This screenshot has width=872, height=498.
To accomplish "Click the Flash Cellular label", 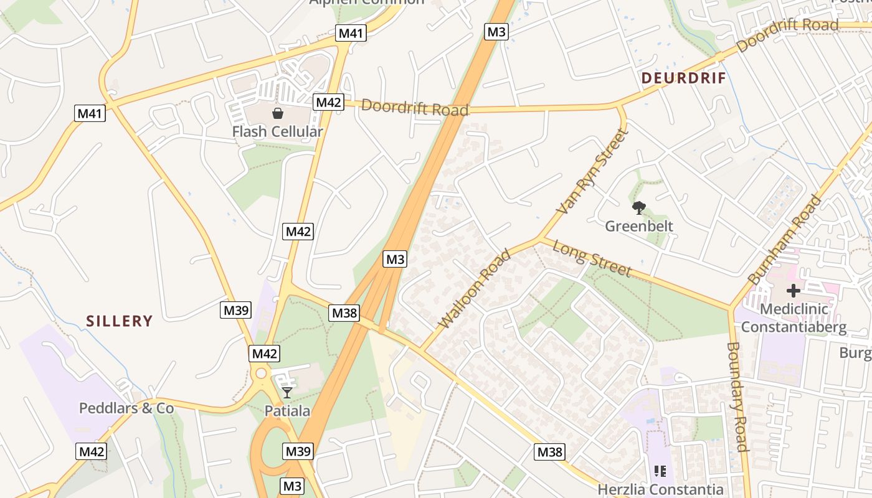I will (277, 131).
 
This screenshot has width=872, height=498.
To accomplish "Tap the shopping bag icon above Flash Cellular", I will (277, 113).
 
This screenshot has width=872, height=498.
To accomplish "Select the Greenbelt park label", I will (639, 225).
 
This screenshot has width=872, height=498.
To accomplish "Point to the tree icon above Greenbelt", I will (638, 207).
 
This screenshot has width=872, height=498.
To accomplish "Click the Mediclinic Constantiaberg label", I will (794, 317).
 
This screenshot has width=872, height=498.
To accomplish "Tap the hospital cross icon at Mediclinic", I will (794, 290).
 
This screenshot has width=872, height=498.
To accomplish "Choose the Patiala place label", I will (287, 411).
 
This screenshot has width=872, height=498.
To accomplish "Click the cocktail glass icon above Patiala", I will (287, 393).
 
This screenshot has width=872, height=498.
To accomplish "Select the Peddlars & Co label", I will (126, 408).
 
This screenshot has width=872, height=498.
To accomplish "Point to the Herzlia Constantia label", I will (660, 489).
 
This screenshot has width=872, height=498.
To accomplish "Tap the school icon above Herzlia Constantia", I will (660, 471).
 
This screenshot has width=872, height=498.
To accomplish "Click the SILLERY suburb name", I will (120, 321).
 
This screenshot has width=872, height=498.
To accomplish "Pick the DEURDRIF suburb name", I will (684, 78).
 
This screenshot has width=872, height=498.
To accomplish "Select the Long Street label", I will (592, 259).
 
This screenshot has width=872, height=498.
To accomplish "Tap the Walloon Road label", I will (475, 289).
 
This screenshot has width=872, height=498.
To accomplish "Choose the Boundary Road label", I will (737, 396).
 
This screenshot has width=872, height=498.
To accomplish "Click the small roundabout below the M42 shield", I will (261, 374).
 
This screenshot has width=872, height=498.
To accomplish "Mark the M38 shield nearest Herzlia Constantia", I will (549, 452).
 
